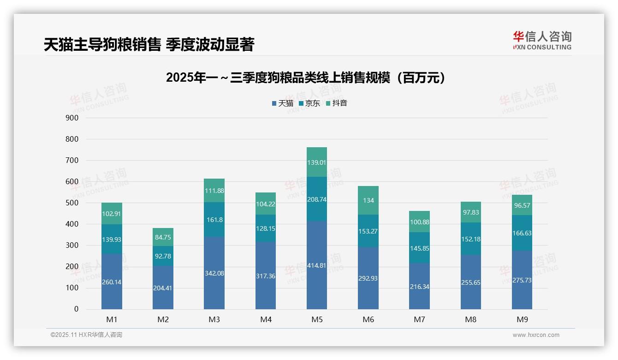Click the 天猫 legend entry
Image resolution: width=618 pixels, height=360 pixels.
pyautogui.click(x=283, y=103)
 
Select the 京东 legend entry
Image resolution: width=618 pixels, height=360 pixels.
pyautogui.click(x=309, y=103)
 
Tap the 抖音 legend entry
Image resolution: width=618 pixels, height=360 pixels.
pyautogui.click(x=337, y=103)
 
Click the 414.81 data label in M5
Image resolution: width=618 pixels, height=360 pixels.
pyautogui.click(x=317, y=265)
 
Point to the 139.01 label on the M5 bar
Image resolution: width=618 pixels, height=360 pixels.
pyautogui.click(x=317, y=162)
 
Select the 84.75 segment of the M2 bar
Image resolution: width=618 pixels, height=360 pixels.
pyautogui.click(x=163, y=238)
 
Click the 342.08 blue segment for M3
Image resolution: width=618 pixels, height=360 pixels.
pyautogui.click(x=214, y=273)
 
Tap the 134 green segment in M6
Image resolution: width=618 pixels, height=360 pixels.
pyautogui.click(x=368, y=200)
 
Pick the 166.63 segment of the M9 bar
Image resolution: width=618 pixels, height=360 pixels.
pyautogui.click(x=522, y=233)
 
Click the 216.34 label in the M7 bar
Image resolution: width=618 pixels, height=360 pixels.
pyautogui.click(x=419, y=287)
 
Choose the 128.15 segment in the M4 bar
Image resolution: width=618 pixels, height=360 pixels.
pyautogui.click(x=266, y=228)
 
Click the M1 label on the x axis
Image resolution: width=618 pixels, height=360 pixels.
pyautogui.click(x=112, y=319)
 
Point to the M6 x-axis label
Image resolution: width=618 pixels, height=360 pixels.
pyautogui.click(x=368, y=319)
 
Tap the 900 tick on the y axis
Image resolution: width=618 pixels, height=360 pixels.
pyautogui.click(x=72, y=118)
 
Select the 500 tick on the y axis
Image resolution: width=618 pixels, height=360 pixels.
pyautogui.click(x=72, y=203)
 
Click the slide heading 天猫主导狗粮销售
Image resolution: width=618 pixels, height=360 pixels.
pyautogui.click(x=149, y=45)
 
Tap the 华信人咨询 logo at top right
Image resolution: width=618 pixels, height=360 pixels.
pyautogui.click(x=542, y=40)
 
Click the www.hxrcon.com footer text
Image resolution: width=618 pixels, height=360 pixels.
pyautogui.click(x=536, y=335)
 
